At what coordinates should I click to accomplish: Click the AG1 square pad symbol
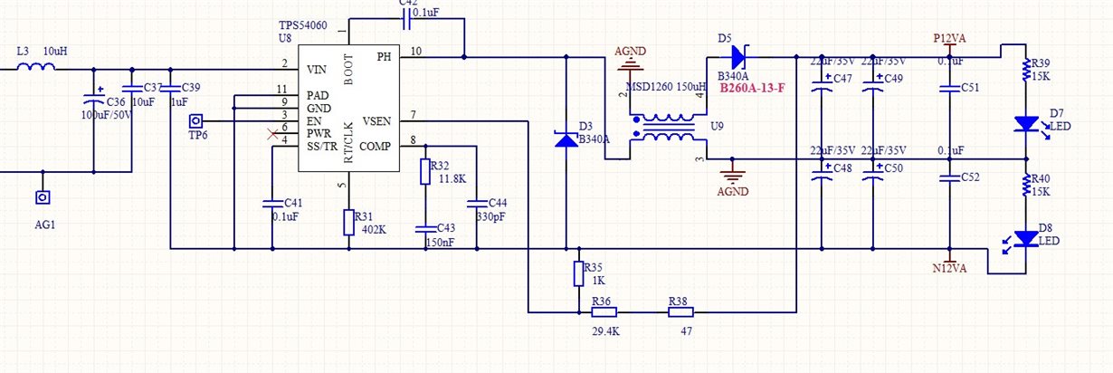pyautogui.click(x=42, y=196)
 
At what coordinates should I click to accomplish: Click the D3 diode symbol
pyautogui.click(x=566, y=139)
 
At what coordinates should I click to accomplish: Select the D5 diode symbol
pyautogui.click(x=737, y=58)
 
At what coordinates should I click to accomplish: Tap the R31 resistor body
pyautogui.click(x=348, y=223)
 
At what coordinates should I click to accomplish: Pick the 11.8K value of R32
pyautogui.click(x=452, y=179)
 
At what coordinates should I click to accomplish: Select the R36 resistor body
pyautogui.click(x=604, y=312)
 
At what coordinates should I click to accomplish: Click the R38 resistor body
pyautogui.click(x=680, y=312)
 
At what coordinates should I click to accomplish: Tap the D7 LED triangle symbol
pyautogui.click(x=1025, y=121)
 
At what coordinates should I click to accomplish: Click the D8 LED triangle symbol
pyautogui.click(x=1025, y=238)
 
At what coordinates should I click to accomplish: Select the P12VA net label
pyautogui.click(x=950, y=39)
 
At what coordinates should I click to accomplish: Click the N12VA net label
pyautogui.click(x=950, y=268)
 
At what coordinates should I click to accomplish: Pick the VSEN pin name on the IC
pyautogui.click(x=376, y=120)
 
